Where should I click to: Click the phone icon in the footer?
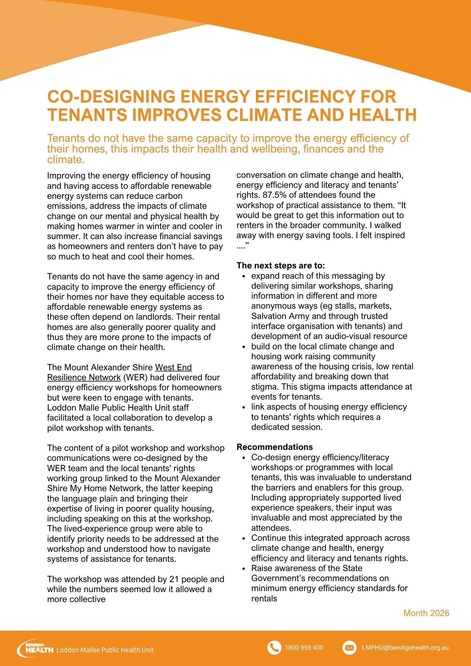tap(274, 648)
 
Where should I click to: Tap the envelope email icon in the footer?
tap(349, 648)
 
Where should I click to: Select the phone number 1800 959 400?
tap(304, 648)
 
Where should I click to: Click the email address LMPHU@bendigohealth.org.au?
tap(405, 648)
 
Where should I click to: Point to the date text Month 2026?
tap(426, 613)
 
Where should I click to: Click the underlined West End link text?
tap(173, 367)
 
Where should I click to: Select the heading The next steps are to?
tap(280, 265)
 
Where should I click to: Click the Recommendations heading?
tap(275, 447)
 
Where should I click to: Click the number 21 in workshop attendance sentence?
tap(174, 579)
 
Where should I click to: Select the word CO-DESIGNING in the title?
tap(111, 97)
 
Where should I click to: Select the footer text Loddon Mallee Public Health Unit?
tap(105, 650)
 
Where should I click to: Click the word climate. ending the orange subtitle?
tap(66, 160)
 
